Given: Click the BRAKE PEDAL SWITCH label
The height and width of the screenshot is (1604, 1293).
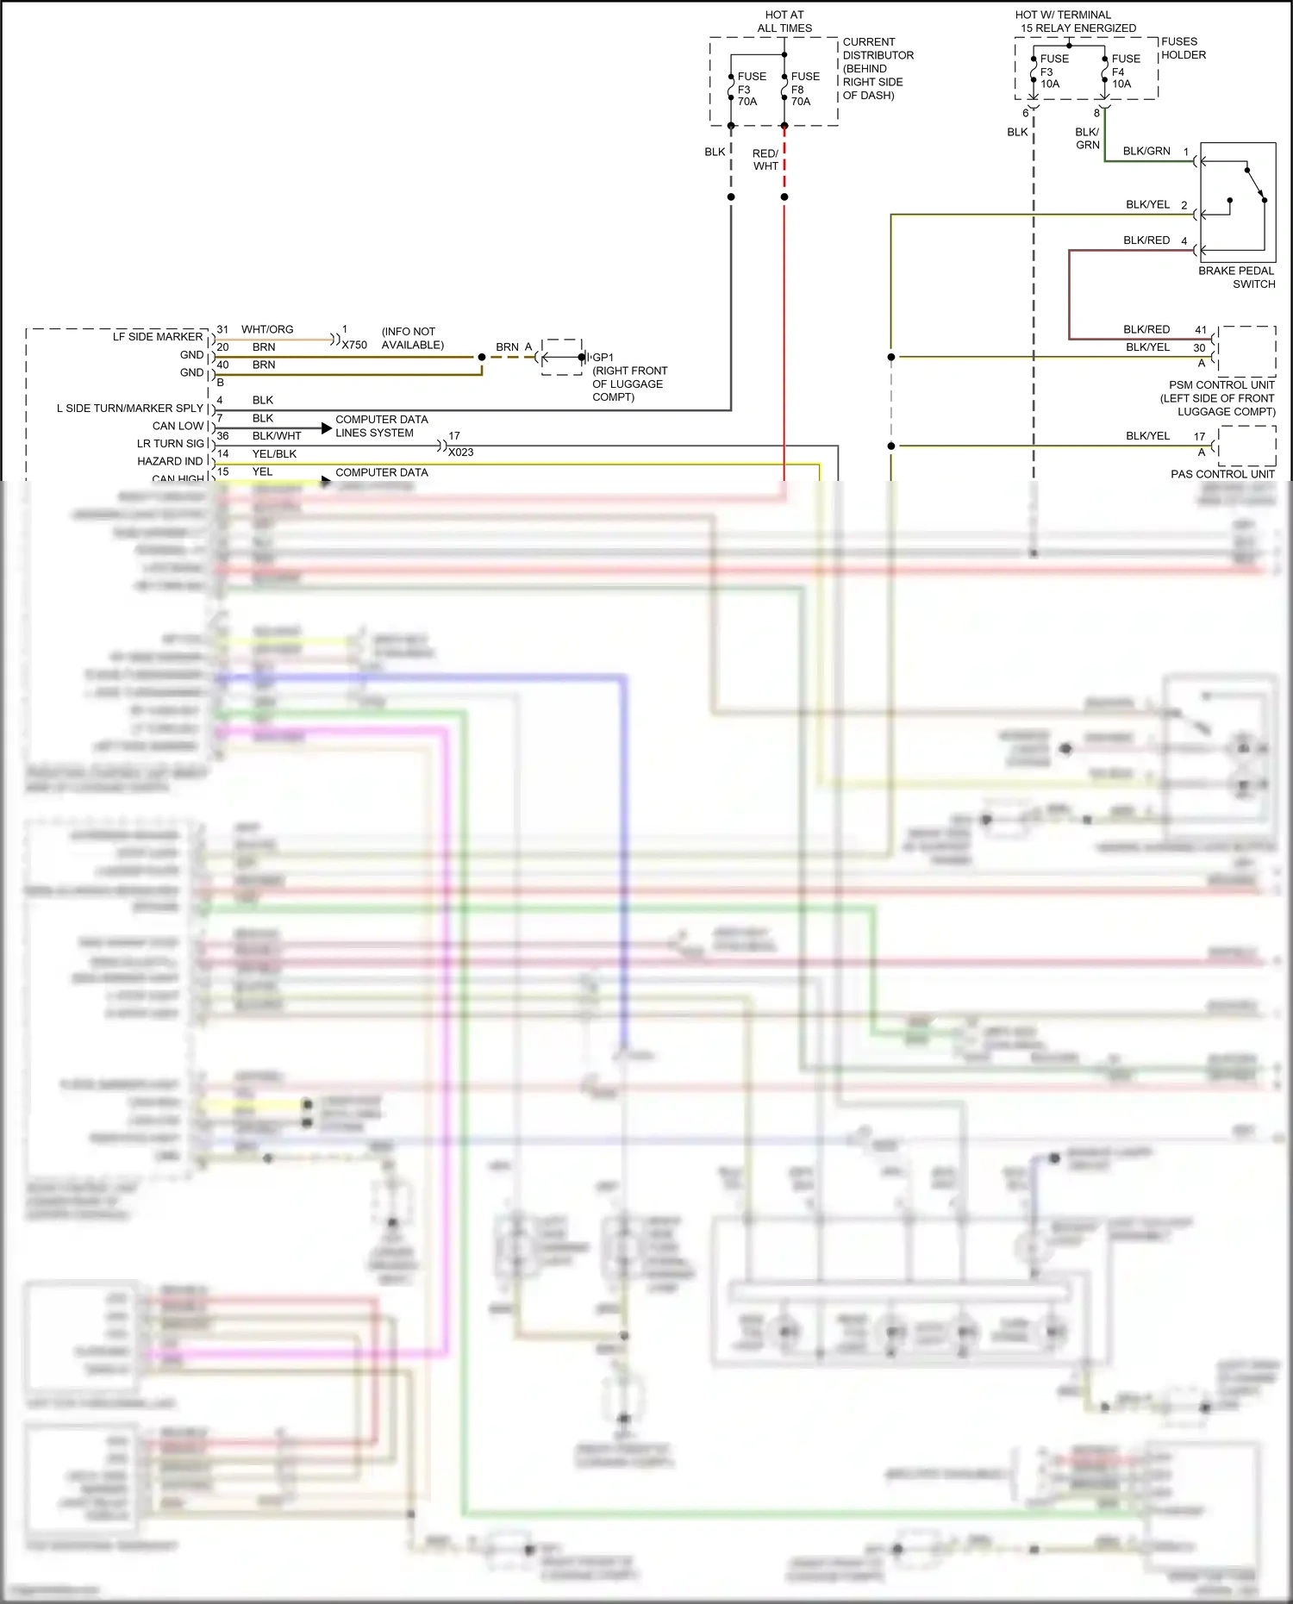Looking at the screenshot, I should (x=1236, y=278).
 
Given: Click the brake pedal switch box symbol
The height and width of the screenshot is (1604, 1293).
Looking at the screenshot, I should (x=1238, y=203).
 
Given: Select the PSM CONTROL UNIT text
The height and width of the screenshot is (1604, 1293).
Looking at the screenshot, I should (x=1221, y=385).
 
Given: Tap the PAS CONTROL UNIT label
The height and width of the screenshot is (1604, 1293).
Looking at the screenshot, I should (x=1222, y=474).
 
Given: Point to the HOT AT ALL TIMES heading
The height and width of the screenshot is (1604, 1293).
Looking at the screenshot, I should (x=784, y=22).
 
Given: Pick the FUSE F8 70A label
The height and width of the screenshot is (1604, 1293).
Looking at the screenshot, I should (x=805, y=89).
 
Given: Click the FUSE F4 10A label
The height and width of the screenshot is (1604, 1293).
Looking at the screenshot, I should (x=1125, y=72).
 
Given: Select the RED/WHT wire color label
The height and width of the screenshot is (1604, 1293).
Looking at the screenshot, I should (x=765, y=159).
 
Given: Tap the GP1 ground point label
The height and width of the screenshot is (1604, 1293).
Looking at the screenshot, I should (x=603, y=357).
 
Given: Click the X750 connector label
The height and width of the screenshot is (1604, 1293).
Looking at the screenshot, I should (x=354, y=345).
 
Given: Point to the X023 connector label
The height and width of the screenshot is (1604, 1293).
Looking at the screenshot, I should (x=460, y=452).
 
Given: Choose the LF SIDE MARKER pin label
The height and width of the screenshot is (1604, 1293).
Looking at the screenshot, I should (x=158, y=337).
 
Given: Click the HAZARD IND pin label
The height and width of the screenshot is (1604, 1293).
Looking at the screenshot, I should (x=170, y=461).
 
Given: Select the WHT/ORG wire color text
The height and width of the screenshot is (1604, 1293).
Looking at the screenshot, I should (x=267, y=329).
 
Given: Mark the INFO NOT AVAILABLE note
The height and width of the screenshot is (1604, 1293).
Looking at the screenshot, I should (x=412, y=338).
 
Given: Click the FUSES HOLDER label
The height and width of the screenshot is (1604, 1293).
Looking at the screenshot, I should (x=1183, y=48).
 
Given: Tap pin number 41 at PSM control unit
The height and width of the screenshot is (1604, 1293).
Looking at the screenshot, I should (x=1200, y=329).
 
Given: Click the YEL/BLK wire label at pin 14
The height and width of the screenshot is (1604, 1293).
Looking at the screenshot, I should (x=274, y=453).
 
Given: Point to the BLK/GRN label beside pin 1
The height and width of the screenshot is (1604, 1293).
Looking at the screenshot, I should (x=1146, y=151).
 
